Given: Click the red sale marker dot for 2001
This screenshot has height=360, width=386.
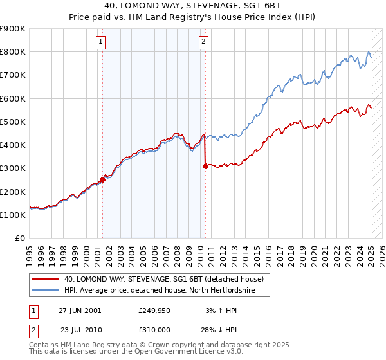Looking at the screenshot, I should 102,180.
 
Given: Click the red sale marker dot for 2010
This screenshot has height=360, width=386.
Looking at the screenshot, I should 205,166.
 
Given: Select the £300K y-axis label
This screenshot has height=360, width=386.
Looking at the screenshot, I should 13,168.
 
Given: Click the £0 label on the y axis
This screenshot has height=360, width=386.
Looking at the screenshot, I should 20,239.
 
